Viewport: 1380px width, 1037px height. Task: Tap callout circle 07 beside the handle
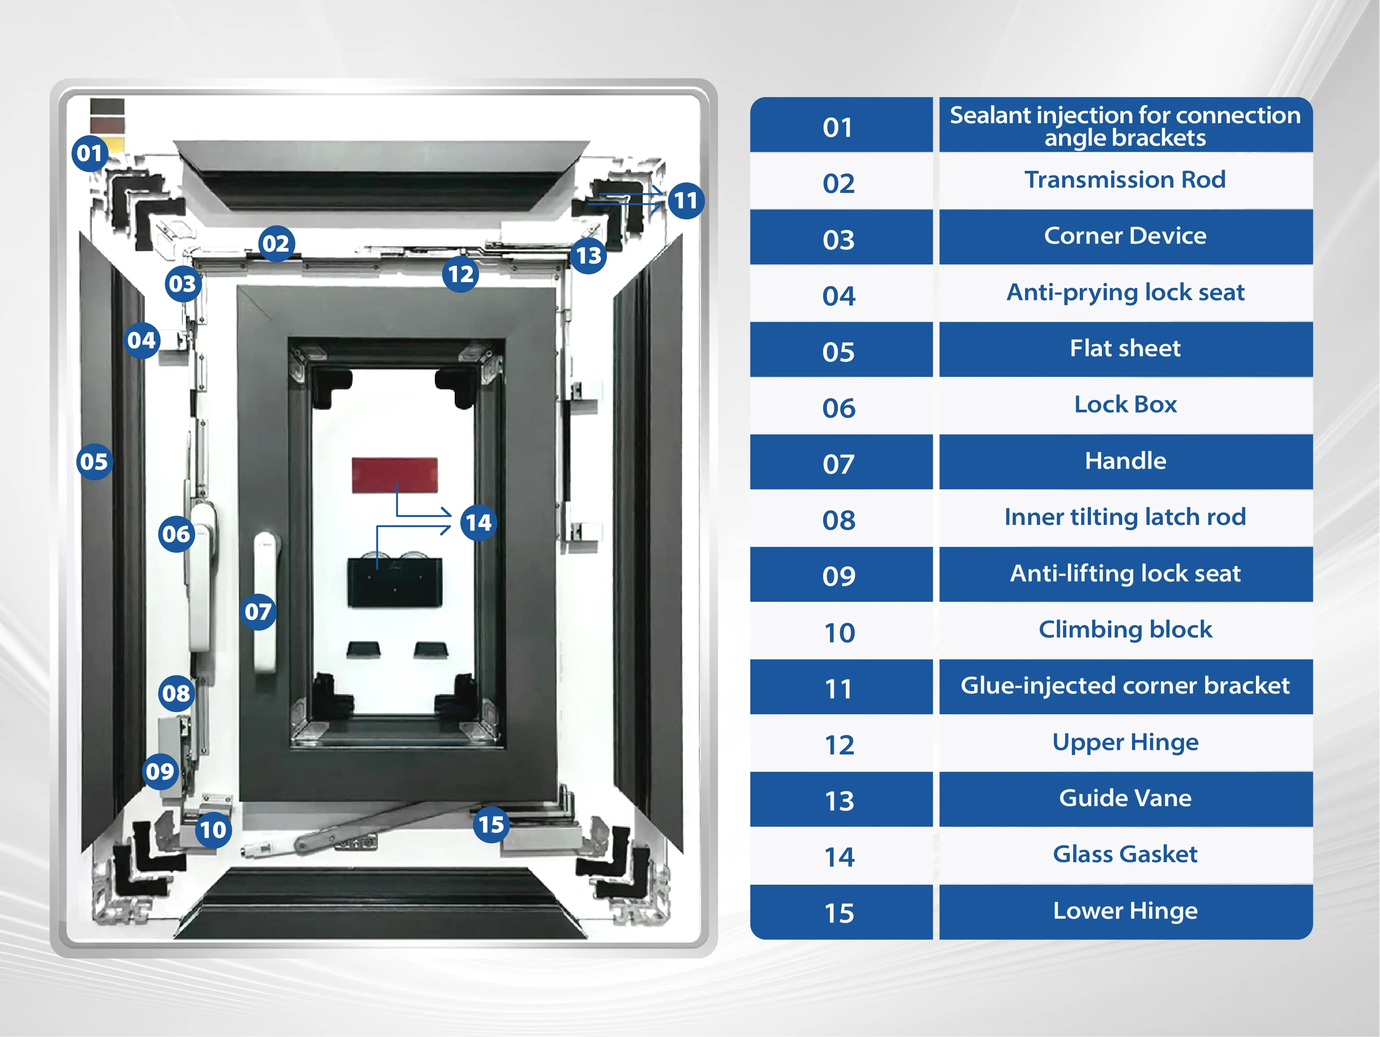(x=258, y=611)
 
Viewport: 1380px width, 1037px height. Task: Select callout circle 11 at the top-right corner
(x=686, y=200)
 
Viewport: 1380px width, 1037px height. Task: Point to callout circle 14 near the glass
(x=479, y=522)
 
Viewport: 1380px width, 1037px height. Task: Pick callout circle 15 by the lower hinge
(x=491, y=825)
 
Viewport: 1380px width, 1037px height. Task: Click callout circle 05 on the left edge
(x=94, y=462)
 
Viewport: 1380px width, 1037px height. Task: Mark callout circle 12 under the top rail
(x=460, y=274)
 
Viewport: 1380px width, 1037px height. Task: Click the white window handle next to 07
(x=264, y=602)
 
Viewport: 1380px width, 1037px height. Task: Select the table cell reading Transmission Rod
(x=1125, y=180)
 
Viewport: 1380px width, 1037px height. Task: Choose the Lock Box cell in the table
(x=1125, y=404)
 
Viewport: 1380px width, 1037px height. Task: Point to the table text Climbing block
(x=1125, y=629)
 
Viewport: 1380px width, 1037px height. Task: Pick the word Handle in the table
(x=1125, y=460)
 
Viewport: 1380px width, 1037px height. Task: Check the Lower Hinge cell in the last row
(x=1125, y=910)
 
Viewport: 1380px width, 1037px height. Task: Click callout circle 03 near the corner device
(x=182, y=284)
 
